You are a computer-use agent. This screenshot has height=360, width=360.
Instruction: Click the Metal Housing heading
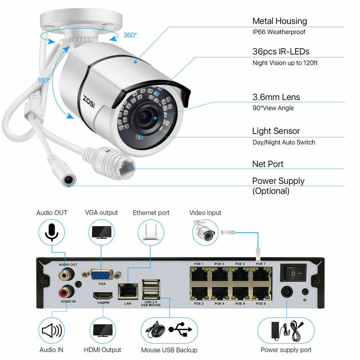click(279, 21)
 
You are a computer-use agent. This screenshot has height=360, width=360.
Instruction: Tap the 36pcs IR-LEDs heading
click(280, 51)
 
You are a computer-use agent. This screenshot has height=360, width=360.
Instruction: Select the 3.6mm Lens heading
click(276, 97)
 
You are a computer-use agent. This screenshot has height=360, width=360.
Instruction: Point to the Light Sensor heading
click(276, 131)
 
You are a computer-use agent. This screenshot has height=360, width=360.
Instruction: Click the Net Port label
click(267, 164)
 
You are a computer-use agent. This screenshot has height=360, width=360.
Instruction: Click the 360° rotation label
click(129, 35)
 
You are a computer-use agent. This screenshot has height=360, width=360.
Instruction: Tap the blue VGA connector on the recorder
click(102, 274)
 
